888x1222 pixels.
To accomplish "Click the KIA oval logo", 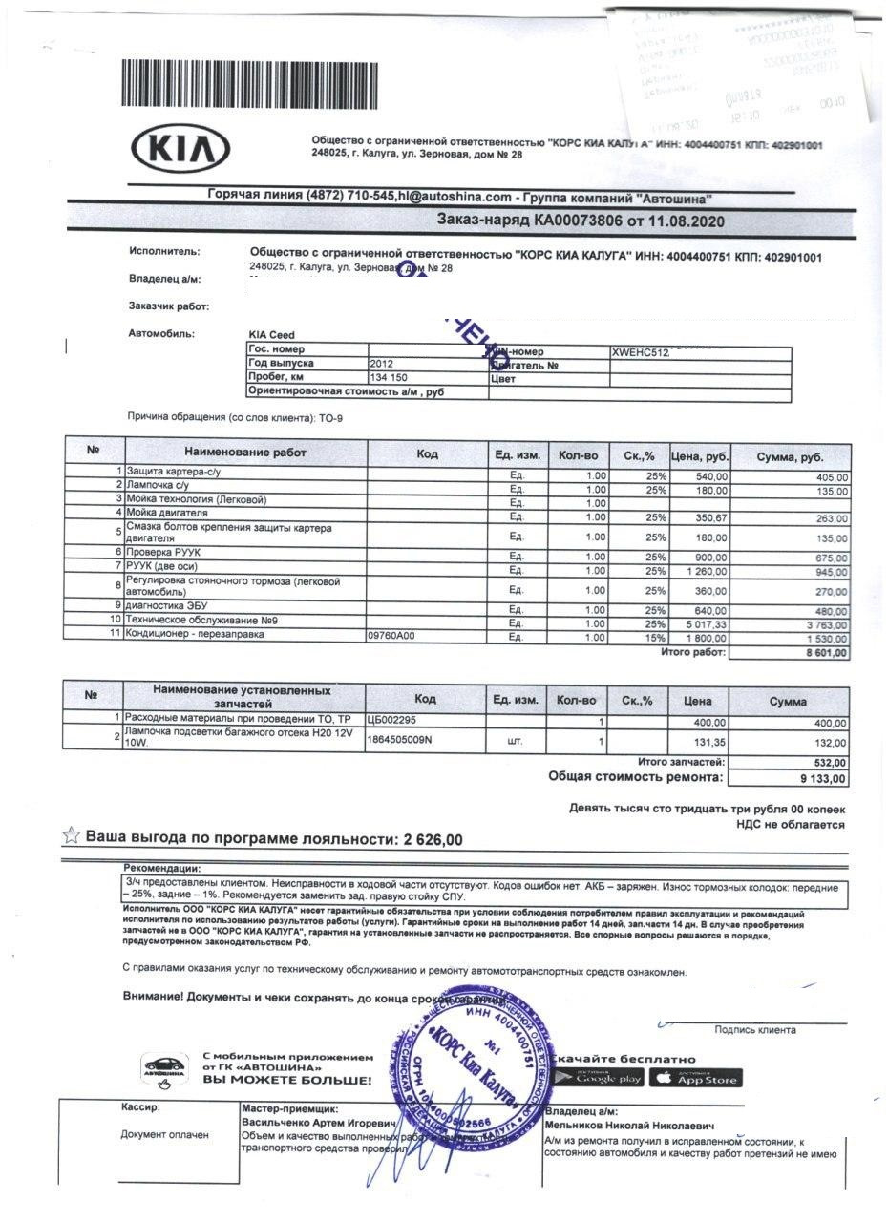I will click(180, 151).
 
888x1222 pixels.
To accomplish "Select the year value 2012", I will click(382, 365).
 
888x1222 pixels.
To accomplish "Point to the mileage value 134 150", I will click(388, 378).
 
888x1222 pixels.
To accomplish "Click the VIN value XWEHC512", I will click(642, 351).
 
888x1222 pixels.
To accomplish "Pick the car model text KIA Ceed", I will click(271, 335).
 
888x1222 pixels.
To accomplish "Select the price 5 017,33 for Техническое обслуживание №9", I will click(705, 622).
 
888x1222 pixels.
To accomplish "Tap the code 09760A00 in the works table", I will click(391, 636).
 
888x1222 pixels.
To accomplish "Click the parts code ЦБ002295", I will click(391, 720).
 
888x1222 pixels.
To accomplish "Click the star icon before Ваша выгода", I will click(71, 836).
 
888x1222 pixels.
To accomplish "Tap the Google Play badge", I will click(608, 1079).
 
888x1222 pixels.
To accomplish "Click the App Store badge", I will click(695, 1079).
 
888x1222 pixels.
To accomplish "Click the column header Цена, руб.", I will click(700, 455).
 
